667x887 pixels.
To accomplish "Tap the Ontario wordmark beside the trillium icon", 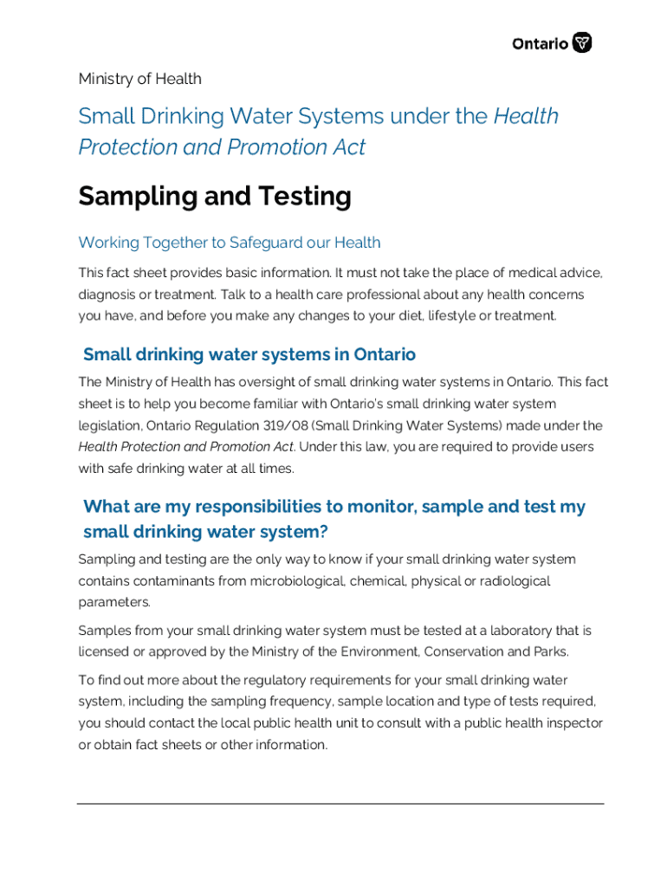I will click(541, 43).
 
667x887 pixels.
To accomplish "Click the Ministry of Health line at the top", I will click(139, 79).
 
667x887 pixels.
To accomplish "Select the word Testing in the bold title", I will click(303, 197).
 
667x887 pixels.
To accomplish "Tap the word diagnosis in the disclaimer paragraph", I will click(108, 295).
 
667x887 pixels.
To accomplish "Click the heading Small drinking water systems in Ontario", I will click(249, 354).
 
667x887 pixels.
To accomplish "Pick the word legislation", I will click(109, 425).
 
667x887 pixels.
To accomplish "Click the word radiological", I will click(514, 580).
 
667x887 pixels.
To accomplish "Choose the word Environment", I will click(405, 651).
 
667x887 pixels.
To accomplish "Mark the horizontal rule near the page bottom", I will click(340, 803).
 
